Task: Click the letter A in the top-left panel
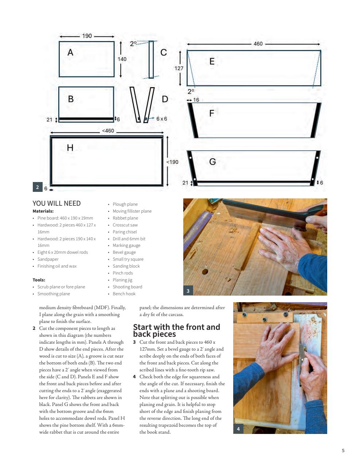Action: tap(70, 52)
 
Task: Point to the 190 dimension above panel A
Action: tap(87, 36)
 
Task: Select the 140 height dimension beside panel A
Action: tap(122, 59)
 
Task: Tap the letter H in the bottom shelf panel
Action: tap(70, 147)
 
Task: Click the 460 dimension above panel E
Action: tap(258, 44)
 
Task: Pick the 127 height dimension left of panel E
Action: tap(179, 68)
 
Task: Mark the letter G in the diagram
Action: tap(212, 161)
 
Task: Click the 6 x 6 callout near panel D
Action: tap(162, 119)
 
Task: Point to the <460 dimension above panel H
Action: tap(108, 131)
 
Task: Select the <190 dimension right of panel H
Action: tap(172, 162)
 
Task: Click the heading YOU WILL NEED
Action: tap(56, 204)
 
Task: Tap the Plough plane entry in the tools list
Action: tap(125, 204)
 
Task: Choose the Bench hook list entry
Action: tap(124, 294)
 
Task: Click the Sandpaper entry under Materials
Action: tap(48, 259)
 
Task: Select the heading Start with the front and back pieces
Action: tap(176, 330)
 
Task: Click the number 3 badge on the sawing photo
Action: tap(188, 291)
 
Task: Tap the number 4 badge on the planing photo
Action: tap(238, 429)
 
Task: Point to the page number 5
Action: tap(343, 450)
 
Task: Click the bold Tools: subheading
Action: tap(39, 280)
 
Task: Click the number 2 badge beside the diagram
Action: tap(38, 187)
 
